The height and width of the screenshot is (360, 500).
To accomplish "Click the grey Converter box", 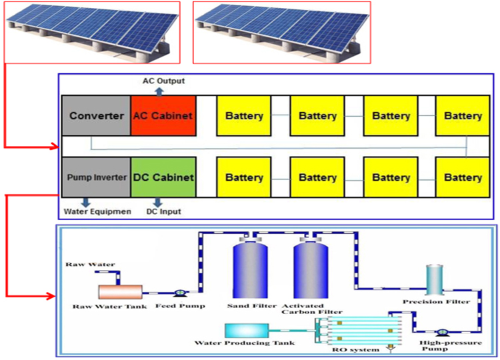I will coord(96,115).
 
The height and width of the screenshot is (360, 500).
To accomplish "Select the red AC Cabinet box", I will coord(163,115).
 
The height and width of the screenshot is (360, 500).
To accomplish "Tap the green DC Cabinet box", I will coord(163,177).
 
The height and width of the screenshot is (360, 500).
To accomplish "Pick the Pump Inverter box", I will coord(96,177).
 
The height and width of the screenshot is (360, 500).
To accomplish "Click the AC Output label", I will coord(164,81).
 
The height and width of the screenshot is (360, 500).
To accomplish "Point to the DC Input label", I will coord(163,212).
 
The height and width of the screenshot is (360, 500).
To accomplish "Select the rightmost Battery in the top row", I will coord(463,115).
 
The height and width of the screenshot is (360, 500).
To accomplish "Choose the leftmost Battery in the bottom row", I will coord(244,177).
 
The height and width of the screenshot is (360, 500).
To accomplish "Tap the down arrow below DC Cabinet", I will coord(157,201).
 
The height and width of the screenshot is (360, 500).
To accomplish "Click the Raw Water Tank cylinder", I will coord(120,291).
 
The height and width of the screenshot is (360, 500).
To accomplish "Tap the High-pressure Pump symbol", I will coord(441,331).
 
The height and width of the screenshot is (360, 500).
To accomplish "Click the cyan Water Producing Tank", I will coord(247,329).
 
